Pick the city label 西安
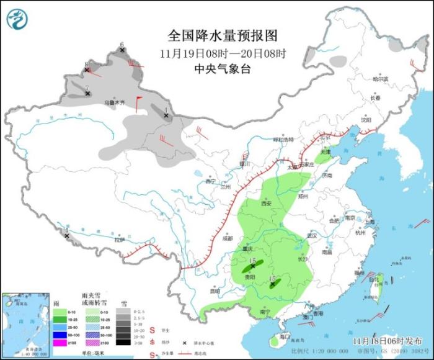[x=267, y=204]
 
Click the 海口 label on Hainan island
[x=285, y=336]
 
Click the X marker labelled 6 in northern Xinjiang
[x=122, y=50]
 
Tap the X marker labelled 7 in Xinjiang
[x=88, y=94]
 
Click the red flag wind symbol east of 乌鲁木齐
[x=138, y=103]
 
